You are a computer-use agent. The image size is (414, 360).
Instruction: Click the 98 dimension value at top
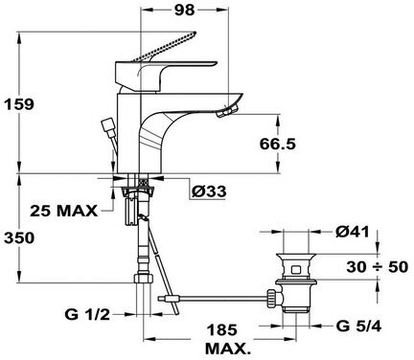tap(184, 10)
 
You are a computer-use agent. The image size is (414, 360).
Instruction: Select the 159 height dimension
tap(18, 104)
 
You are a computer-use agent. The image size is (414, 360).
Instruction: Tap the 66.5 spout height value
tap(277, 145)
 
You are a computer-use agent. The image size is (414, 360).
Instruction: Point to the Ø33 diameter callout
tap(209, 191)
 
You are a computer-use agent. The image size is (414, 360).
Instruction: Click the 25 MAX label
tap(63, 211)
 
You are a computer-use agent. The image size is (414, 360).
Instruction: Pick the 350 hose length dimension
tap(18, 238)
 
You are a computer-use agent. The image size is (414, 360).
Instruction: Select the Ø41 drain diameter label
tap(352, 232)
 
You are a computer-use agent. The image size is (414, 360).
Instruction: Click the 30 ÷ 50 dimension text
tap(378, 267)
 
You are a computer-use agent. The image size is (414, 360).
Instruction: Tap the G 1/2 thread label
tap(87, 315)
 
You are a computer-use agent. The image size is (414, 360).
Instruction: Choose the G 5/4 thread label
tap(358, 326)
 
